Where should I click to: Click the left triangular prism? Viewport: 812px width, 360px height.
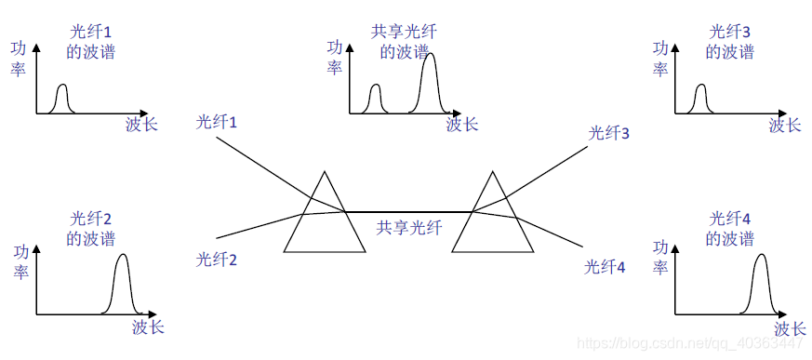point(324,223)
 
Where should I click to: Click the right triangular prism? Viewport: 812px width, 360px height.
point(493,223)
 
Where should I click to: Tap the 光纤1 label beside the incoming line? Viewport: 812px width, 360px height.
point(217,122)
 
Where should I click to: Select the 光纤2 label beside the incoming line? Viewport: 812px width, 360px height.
point(217,260)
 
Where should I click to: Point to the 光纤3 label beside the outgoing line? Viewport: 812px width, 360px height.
point(609,133)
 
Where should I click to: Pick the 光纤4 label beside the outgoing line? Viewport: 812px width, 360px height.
point(605,268)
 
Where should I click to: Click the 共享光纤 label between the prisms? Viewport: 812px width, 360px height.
point(409,226)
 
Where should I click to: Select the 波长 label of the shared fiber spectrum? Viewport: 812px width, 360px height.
point(461,124)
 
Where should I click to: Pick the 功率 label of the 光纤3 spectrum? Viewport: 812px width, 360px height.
point(660,59)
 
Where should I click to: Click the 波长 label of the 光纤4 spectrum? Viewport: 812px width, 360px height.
point(789,328)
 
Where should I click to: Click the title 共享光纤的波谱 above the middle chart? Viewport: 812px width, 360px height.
point(405,42)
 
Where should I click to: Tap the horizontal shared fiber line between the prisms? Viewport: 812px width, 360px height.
point(409,212)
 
